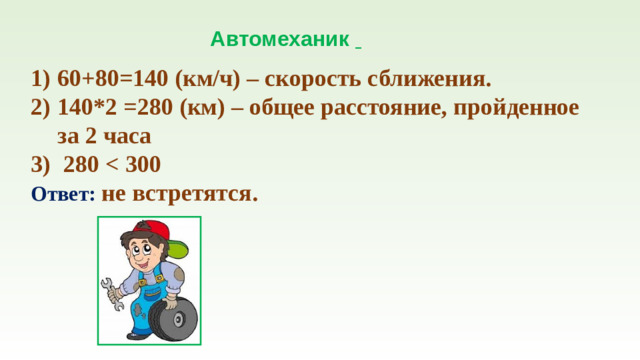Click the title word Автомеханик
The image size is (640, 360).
click(x=279, y=40)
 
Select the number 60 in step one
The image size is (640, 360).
click(x=69, y=80)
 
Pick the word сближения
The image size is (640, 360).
click(x=432, y=80)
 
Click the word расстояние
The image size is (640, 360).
click(x=381, y=108)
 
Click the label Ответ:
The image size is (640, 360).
click(x=63, y=194)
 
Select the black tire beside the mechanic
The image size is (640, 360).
click(x=175, y=319)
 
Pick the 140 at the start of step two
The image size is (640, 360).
click(x=75, y=108)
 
